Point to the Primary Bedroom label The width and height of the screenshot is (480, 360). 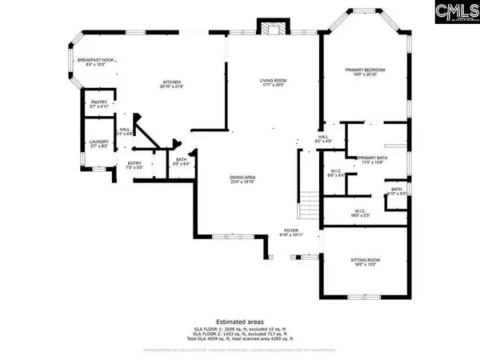click(x=366, y=73)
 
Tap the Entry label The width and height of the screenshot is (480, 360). click(x=134, y=167)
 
